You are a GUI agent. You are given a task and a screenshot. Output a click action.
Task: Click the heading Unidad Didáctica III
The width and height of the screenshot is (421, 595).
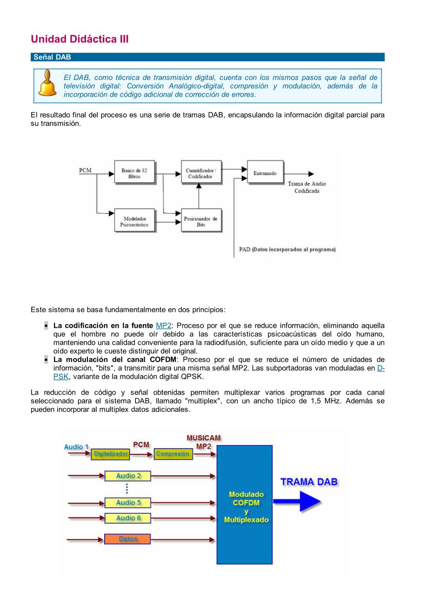click(80, 39)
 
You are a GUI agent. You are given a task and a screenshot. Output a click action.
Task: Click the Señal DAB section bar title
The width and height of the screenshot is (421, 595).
click(52, 57)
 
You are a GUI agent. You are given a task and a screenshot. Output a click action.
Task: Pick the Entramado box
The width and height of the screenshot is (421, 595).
click(265, 173)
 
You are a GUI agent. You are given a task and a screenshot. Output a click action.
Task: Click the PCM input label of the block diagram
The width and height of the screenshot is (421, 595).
click(85, 171)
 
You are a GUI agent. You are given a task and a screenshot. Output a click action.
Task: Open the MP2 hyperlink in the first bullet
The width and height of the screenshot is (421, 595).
click(163, 326)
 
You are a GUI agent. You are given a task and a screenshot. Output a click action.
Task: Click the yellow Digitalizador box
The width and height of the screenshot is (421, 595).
click(110, 454)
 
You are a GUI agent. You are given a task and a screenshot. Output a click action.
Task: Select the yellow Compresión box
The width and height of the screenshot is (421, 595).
click(173, 454)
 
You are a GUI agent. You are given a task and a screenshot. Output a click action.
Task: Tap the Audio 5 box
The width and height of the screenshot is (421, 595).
click(128, 502)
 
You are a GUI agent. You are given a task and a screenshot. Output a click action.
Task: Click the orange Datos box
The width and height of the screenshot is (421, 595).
click(128, 539)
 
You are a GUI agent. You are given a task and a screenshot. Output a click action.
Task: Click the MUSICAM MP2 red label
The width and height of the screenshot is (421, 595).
click(203, 442)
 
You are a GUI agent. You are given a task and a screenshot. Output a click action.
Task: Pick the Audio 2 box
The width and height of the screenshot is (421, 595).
click(128, 476)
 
